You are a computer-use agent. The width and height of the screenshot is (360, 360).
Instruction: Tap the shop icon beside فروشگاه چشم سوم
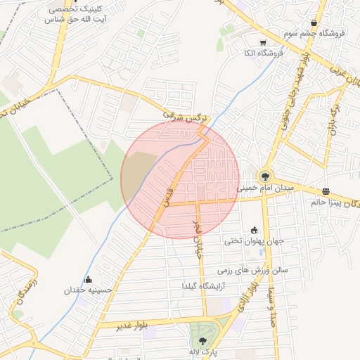314,23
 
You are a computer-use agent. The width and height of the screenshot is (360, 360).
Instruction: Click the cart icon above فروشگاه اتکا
263,42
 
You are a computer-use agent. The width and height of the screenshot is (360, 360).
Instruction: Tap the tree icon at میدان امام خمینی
265,176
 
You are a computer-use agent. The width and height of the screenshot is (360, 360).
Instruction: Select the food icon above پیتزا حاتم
326,191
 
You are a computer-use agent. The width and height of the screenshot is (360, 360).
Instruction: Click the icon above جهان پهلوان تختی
254,230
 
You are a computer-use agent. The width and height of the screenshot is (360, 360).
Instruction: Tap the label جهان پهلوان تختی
254,240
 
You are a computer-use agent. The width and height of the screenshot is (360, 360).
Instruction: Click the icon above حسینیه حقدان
88,280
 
